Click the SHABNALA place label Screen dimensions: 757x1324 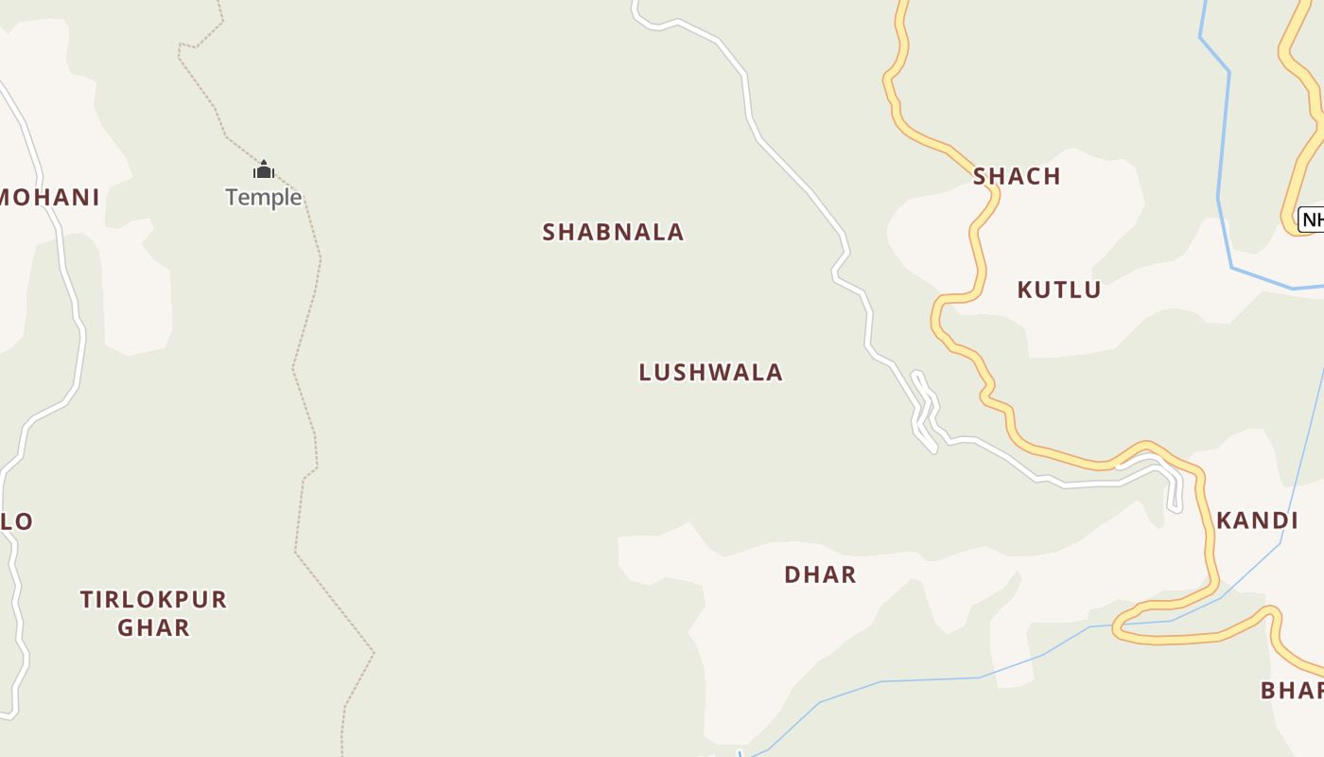pos(613,232)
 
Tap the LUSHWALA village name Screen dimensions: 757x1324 pos(711,372)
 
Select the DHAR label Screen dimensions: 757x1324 pos(820,574)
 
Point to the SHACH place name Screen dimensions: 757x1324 pos(1017,176)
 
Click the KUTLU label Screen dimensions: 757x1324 pos(1059,290)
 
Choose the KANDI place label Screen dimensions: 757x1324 pos(1257,520)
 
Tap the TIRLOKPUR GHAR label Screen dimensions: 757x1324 pos(153,613)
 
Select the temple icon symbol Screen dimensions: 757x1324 pos(263,169)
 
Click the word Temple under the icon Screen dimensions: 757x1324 pos(263,197)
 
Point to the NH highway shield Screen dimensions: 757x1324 pos(1311,220)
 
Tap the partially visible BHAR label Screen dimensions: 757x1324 pos(1292,690)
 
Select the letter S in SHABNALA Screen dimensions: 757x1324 pos(549,232)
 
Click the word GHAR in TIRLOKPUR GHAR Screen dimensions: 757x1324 pos(153,627)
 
